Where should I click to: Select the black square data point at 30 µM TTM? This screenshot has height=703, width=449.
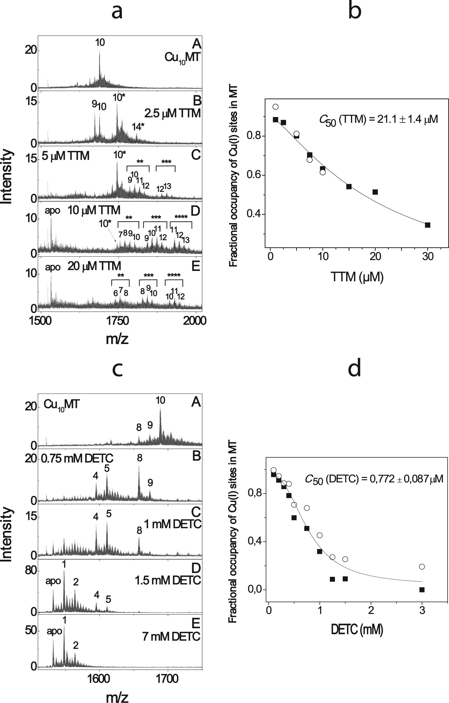(x=428, y=225)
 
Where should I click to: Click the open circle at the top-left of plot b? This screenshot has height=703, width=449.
(x=276, y=107)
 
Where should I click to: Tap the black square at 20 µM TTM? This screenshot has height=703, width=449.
(x=375, y=192)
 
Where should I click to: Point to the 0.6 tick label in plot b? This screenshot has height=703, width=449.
(x=254, y=175)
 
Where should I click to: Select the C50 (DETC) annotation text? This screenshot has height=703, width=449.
(x=374, y=479)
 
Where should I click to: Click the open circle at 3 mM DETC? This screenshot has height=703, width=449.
(x=422, y=566)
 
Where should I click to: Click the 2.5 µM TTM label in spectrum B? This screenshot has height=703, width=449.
(x=173, y=113)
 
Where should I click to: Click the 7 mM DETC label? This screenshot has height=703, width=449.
(x=171, y=636)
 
